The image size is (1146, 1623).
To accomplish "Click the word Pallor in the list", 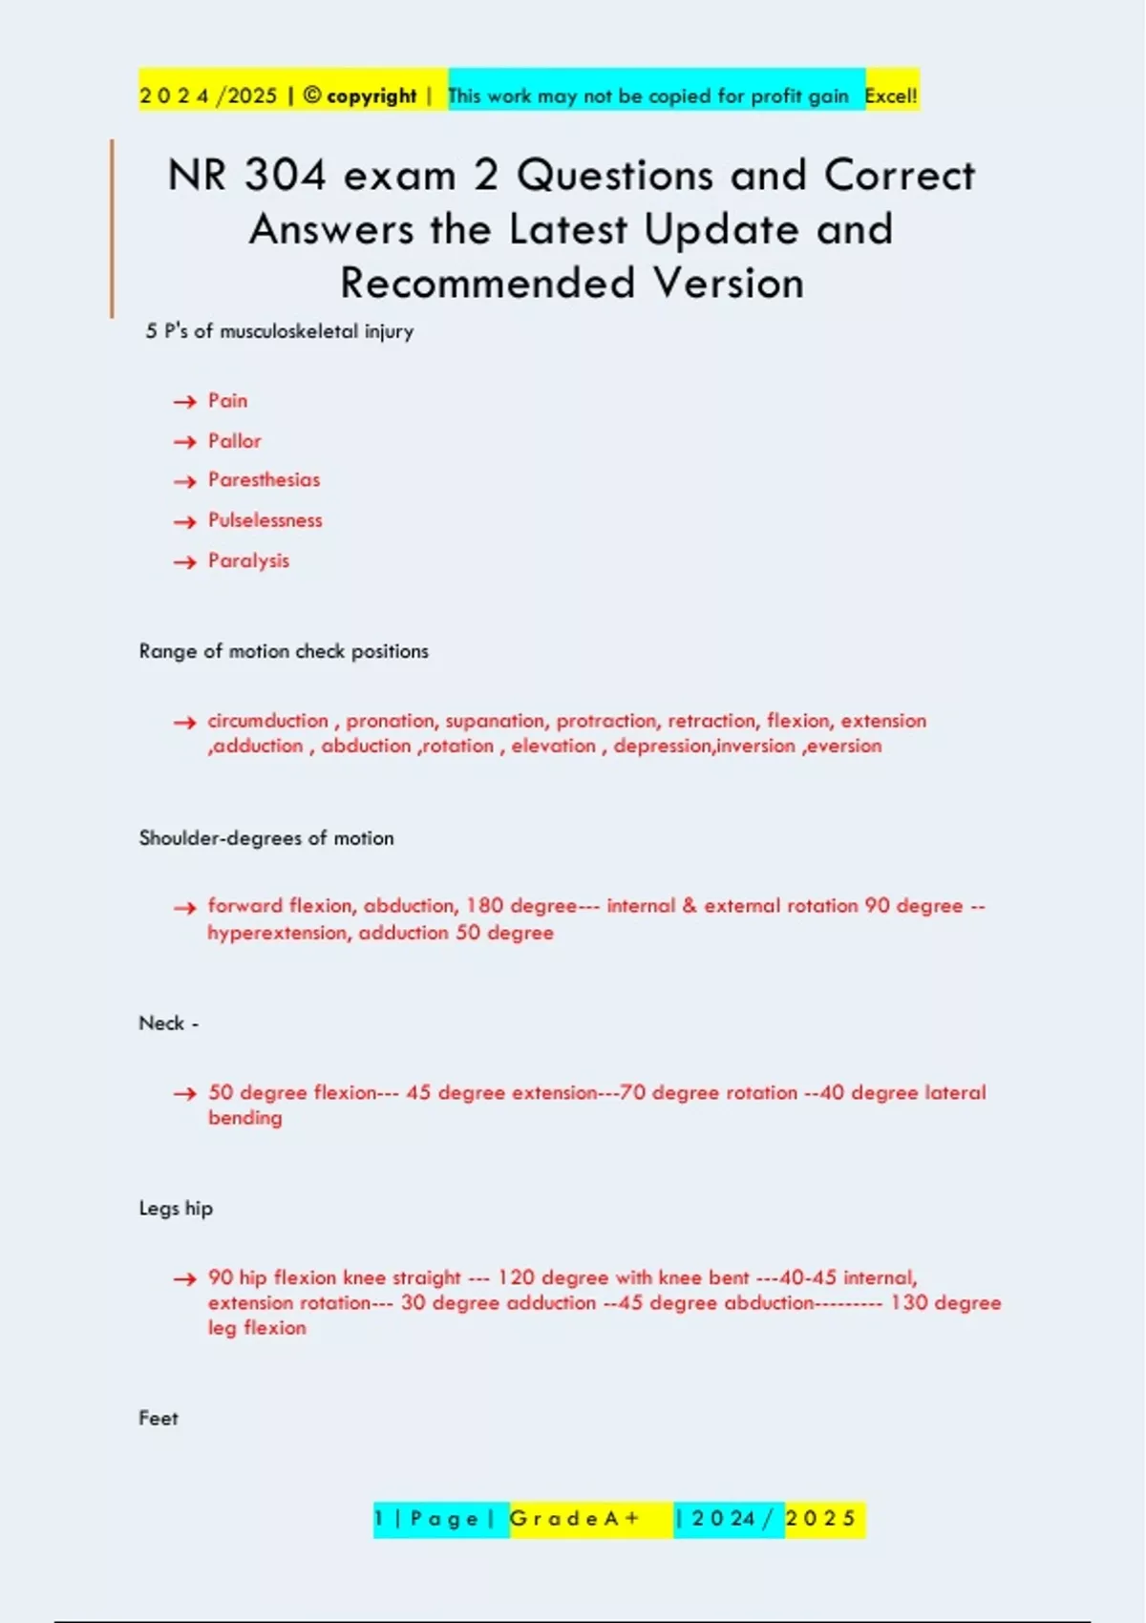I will (234, 441).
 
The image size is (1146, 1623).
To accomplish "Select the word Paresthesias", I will (264, 480).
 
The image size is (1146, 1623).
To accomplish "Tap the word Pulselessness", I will (265, 520).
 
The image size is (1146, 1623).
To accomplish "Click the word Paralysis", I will (248, 560).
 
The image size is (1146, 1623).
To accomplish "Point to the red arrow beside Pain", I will (184, 402).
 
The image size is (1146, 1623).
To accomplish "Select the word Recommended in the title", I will (487, 284).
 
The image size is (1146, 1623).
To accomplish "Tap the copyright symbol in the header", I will (311, 95).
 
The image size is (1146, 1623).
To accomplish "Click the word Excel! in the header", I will (890, 95).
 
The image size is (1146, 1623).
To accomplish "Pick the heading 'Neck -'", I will (168, 1023).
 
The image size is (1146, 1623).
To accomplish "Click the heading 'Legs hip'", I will (176, 1209).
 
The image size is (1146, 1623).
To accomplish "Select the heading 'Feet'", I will (159, 1419).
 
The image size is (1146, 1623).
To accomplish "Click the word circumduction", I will (267, 721).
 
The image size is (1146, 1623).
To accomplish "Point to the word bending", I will (245, 1118).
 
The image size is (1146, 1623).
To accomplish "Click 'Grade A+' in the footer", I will (574, 1519).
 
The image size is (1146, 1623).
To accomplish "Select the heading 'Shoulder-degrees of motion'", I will (266, 838).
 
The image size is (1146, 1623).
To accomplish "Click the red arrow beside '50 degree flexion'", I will (184, 1094).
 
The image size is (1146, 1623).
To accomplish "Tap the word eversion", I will (844, 746).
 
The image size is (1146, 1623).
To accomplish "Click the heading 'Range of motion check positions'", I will (284, 651).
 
